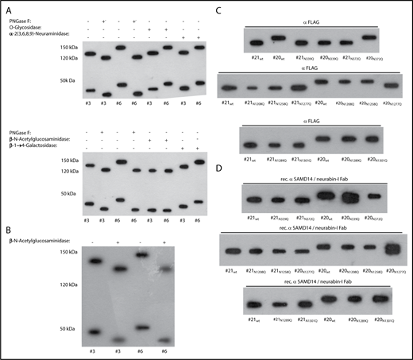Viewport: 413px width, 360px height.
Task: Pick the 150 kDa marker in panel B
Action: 31,252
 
